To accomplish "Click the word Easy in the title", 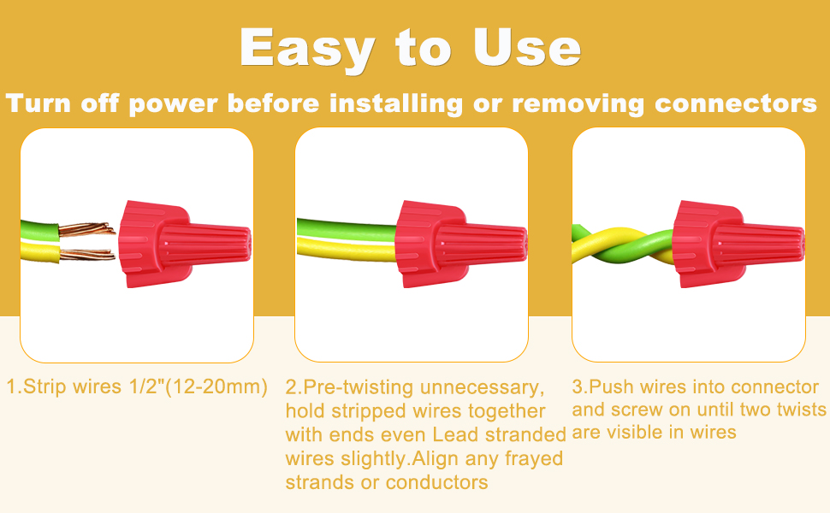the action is (307, 49).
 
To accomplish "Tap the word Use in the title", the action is (527, 48).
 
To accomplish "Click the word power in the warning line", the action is (173, 104).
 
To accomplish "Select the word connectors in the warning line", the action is (736, 103).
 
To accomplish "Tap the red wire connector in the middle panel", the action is (460, 244).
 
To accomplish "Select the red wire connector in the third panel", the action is (738, 244).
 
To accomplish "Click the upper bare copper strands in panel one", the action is (86, 229).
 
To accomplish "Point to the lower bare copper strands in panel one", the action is (86, 255).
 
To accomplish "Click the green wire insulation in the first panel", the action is (39, 232).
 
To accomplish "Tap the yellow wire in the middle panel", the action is (347, 250).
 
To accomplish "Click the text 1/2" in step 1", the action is (146, 386).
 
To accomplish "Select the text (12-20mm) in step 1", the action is (216, 387).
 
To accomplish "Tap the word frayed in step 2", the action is (534, 459).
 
